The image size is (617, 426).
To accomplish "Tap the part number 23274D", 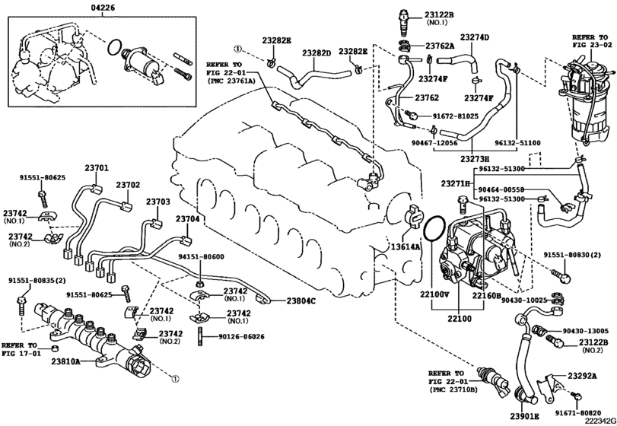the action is tap(475, 37).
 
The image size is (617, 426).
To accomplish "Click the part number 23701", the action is tap(97, 168).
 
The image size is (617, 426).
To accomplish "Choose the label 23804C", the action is tap(301, 301).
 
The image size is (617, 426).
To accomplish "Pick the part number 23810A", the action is tap(65, 361).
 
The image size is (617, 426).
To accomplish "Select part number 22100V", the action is tap(434, 294).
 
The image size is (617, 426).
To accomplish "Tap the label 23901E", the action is tap(525, 417).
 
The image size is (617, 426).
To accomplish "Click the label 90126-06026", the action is tap(242, 337).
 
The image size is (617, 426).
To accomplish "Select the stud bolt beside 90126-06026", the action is tap(200, 336).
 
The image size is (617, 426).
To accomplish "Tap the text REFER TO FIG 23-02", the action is tap(590, 41).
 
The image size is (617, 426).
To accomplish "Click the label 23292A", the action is tap(582, 376).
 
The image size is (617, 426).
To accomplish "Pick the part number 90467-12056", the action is tap(434, 143).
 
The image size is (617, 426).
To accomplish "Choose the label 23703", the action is tap(158, 202).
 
